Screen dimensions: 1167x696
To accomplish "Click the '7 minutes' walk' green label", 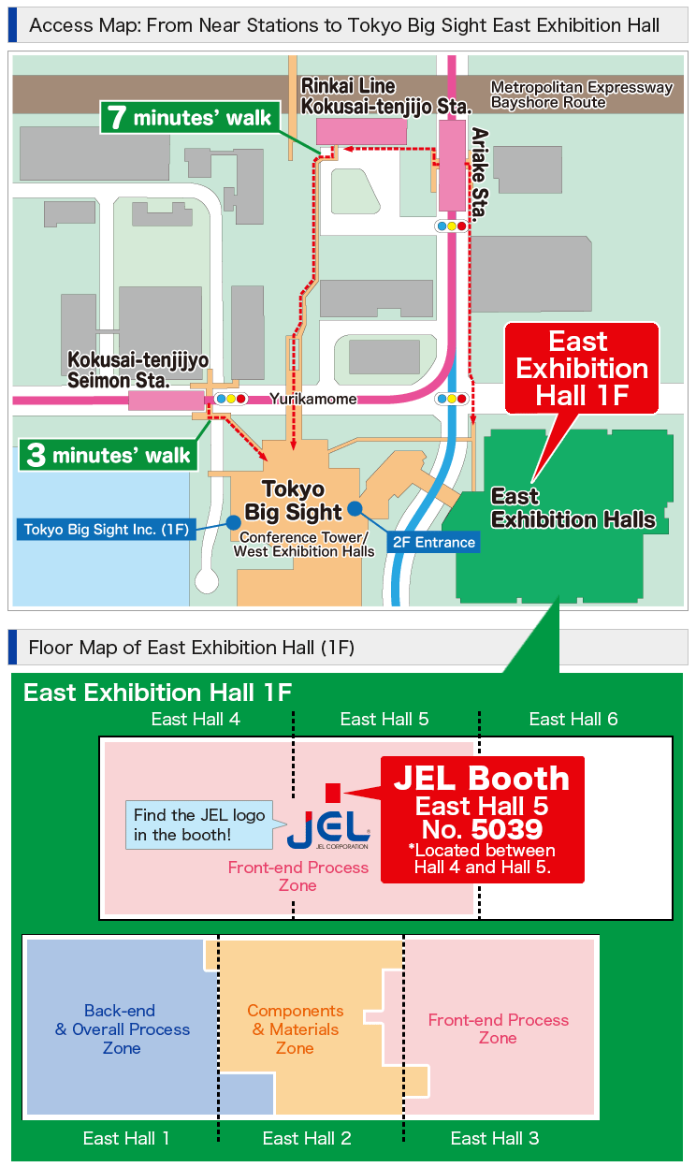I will [190, 117].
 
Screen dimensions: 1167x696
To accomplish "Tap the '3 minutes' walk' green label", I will [109, 456].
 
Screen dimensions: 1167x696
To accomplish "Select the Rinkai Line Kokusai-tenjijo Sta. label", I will [385, 96].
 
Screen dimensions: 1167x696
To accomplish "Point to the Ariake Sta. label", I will [479, 174].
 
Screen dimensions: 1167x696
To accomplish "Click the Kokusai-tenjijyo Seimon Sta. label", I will [137, 371].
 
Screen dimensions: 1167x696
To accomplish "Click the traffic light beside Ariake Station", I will [451, 226].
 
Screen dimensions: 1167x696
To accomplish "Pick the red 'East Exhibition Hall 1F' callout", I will [582, 368].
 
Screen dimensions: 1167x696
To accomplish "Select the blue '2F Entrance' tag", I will [433, 542].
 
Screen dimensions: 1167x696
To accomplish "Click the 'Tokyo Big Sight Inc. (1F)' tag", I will [107, 530].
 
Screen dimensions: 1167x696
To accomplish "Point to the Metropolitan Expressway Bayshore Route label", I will [582, 95].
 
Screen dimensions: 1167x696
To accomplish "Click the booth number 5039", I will [506, 829].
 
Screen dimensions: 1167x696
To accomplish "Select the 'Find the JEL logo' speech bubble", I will [199, 824].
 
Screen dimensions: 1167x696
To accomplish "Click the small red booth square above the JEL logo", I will [331, 792].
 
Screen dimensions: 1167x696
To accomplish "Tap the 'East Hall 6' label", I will [573, 719].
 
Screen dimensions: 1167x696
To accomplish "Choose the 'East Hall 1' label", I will [126, 1138].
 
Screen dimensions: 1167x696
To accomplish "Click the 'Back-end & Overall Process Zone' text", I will [122, 1029].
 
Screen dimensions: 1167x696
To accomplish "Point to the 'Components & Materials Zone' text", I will [295, 1029].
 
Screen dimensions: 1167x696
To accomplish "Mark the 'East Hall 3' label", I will [495, 1138].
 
